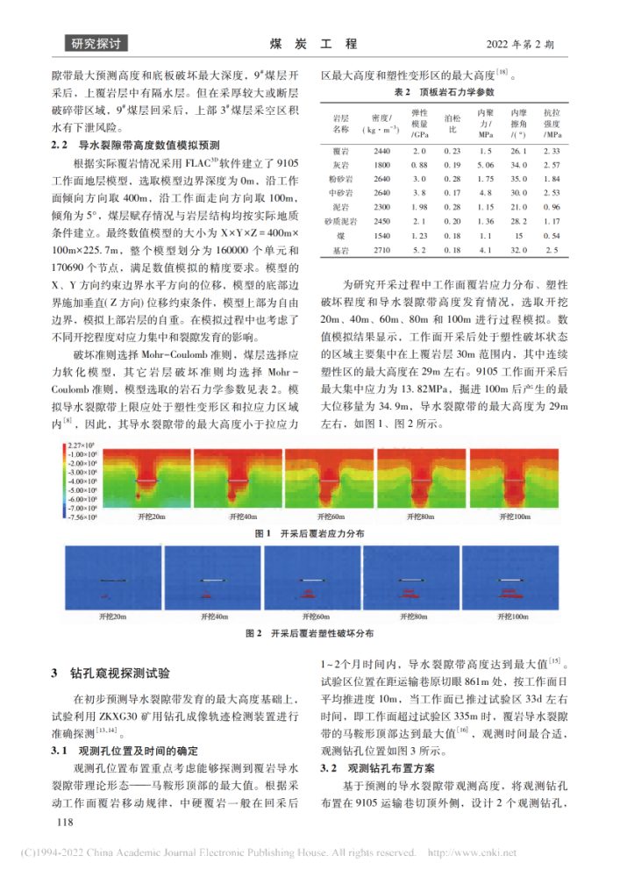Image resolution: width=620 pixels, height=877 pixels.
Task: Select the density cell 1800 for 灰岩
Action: click(381, 165)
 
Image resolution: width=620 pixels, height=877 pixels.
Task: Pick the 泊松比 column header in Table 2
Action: click(452, 122)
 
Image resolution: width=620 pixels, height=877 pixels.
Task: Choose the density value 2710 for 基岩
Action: click(381, 251)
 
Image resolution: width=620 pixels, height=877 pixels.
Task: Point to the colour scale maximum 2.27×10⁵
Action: click(81, 446)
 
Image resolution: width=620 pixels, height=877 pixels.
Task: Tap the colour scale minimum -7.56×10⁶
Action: click(81, 517)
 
